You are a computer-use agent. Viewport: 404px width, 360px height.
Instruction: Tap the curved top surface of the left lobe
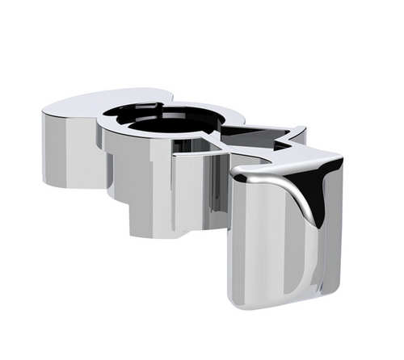pos(77,105)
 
